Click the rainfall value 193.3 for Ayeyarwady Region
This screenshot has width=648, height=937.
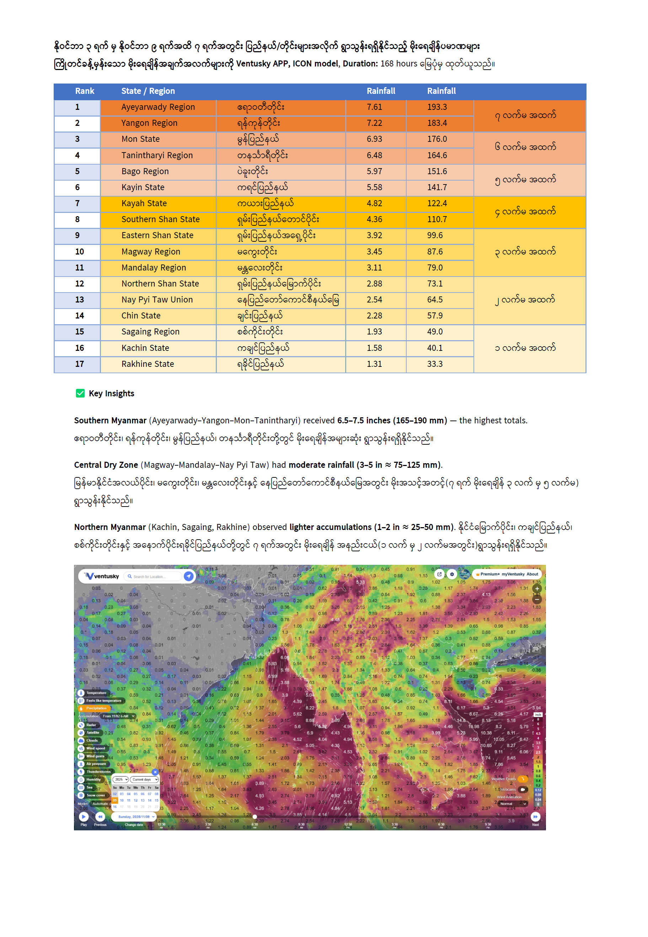pos(437,107)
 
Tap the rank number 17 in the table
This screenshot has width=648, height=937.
pos(80,364)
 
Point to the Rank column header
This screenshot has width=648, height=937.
pos(85,91)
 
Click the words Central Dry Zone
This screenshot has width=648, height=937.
pos(106,465)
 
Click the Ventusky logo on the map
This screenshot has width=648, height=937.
pos(102,576)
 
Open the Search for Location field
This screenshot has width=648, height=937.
pos(154,577)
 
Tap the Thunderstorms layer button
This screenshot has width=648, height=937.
pos(98,771)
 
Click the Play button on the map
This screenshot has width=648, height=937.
pos(84,816)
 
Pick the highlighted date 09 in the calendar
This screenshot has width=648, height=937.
pos(115,800)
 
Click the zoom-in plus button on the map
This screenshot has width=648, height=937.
pos(537,588)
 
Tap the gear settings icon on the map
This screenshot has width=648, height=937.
pos(451,574)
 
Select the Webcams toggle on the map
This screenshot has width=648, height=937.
pos(523,789)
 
